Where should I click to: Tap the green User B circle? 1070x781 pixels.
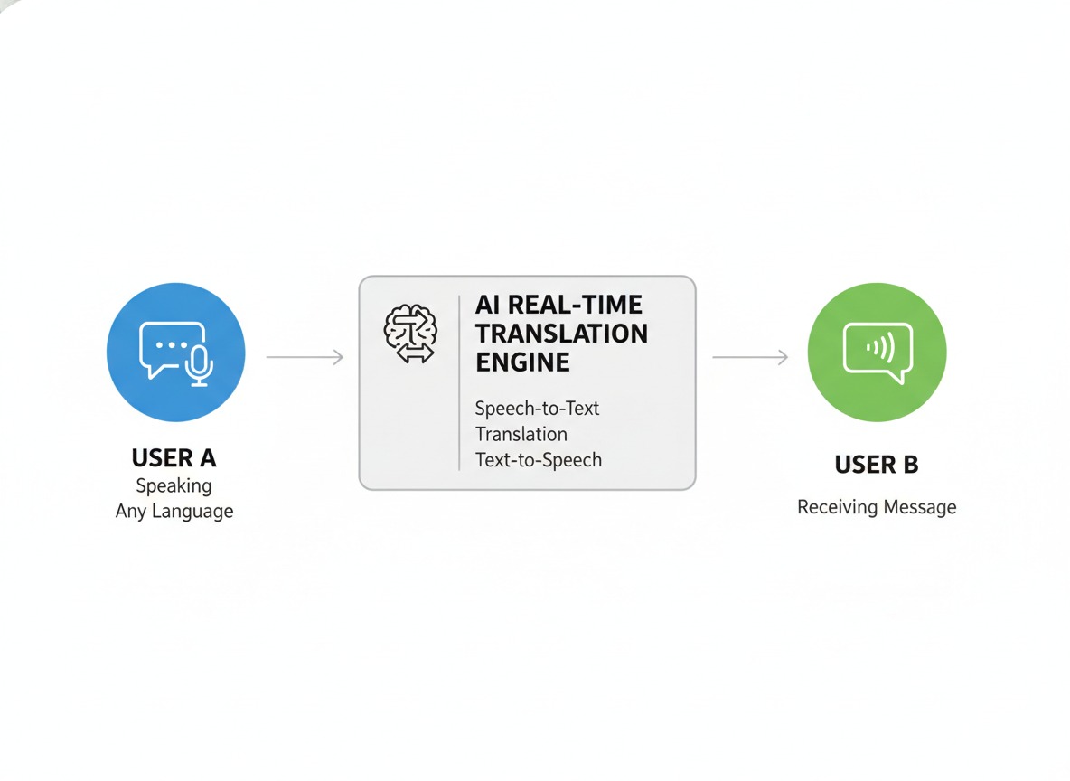click(x=876, y=353)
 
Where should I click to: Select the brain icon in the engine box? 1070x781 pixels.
click(x=410, y=334)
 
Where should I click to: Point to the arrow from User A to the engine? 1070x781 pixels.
click(x=305, y=358)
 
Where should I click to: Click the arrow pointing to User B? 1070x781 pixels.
click(x=750, y=358)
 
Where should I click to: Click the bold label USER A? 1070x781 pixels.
click(x=174, y=457)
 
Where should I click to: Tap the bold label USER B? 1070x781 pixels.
click(x=876, y=465)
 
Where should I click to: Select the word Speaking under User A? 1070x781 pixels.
click(x=174, y=485)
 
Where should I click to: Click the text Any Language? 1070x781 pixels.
click(x=174, y=511)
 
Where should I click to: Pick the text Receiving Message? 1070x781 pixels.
click(x=876, y=507)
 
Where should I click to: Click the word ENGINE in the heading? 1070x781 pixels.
click(x=522, y=362)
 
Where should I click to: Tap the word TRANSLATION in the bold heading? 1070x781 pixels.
click(x=561, y=334)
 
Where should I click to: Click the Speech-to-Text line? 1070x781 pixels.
click(x=537, y=408)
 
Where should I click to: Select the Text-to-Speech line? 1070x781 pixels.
click(x=538, y=459)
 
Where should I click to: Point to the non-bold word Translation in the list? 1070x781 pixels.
click(x=521, y=434)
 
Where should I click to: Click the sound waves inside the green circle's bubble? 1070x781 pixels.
click(x=878, y=345)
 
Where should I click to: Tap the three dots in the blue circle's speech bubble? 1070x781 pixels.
click(x=172, y=346)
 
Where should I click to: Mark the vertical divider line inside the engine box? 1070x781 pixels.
click(x=459, y=382)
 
